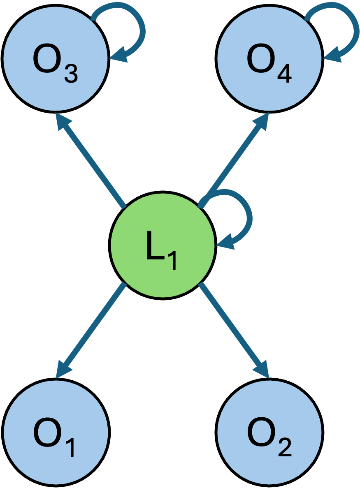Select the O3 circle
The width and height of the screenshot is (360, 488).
pos(56,59)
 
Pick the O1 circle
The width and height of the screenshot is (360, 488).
pos(56,432)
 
